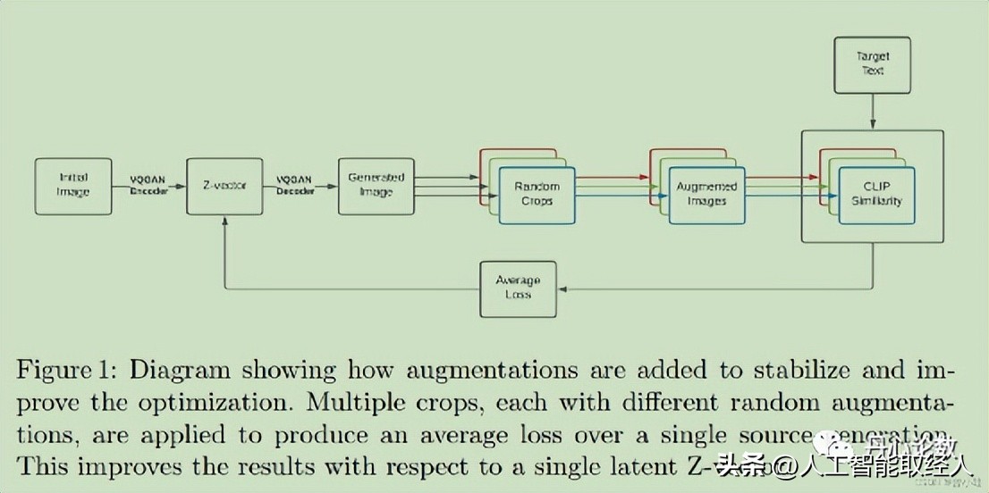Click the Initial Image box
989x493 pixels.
click(x=73, y=185)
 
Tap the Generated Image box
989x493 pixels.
click(x=376, y=186)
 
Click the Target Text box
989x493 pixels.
click(x=872, y=63)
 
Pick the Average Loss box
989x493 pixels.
click(x=518, y=288)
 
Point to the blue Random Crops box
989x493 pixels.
click(x=537, y=194)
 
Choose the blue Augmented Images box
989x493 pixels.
click(x=706, y=194)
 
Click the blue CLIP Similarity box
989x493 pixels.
click(x=876, y=194)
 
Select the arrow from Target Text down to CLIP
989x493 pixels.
click(x=872, y=111)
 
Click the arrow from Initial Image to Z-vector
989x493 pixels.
click(x=148, y=186)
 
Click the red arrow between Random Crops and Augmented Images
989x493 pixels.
click(x=610, y=177)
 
